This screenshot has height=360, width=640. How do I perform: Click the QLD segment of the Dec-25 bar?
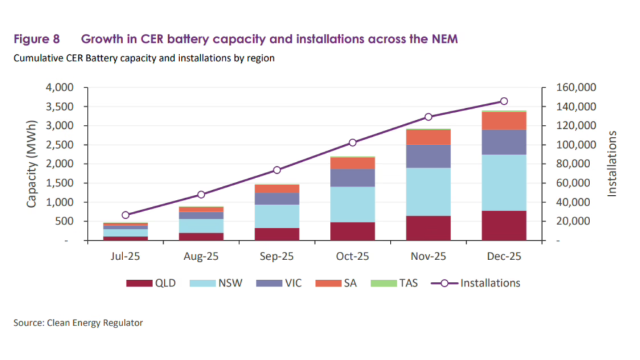(504, 226)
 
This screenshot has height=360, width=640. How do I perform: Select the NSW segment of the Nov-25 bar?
(428, 192)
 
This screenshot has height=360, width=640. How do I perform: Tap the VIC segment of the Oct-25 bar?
(352, 178)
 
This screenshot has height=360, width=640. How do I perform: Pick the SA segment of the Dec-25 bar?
(504, 121)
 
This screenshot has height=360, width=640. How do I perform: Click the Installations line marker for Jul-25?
(126, 215)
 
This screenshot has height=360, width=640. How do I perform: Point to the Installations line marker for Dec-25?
(504, 101)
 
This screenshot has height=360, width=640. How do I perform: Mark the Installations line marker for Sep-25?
(277, 170)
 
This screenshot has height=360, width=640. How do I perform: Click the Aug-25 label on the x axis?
(201, 256)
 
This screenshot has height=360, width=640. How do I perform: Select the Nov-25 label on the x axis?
(428, 256)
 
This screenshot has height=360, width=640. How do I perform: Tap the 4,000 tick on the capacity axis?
(61, 87)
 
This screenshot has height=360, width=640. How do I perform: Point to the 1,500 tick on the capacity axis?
(61, 183)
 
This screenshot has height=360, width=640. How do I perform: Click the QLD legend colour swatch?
(139, 283)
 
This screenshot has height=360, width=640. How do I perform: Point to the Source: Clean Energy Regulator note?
(78, 323)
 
